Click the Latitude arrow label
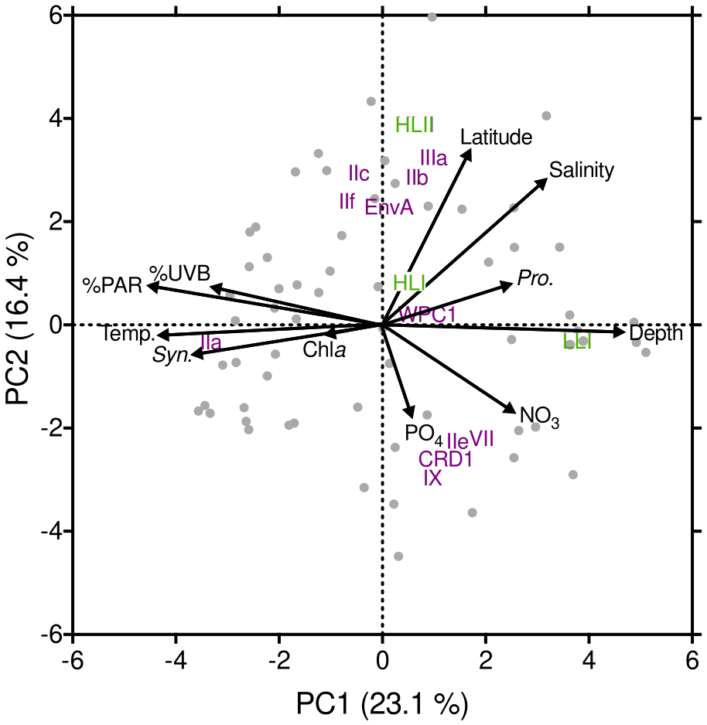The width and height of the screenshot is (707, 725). (496, 138)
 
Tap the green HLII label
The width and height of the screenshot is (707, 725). (415, 125)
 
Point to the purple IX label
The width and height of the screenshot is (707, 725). (432, 478)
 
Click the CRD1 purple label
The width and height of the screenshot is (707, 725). (446, 459)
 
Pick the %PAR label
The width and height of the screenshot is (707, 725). (112, 286)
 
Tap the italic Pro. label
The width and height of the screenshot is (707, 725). (535, 279)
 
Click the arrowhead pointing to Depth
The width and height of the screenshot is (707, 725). (619, 332)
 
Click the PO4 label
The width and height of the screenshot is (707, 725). (423, 433)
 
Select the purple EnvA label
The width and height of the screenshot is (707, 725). (389, 208)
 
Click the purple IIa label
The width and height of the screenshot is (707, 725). (213, 341)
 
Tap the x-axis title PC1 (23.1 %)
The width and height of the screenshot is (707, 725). (382, 704)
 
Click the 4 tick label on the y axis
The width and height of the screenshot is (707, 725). (57, 119)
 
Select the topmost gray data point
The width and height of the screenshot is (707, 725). (432, 17)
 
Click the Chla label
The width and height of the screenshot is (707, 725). (324, 350)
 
